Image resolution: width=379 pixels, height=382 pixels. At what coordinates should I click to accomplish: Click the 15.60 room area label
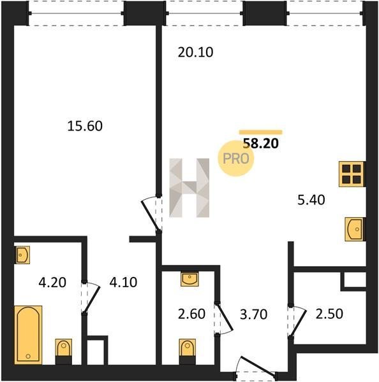pyautogui.click(x=85, y=126)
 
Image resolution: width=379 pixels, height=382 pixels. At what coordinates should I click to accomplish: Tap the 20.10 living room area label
pyautogui.click(x=195, y=52)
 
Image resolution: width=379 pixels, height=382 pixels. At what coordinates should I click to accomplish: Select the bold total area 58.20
pyautogui.click(x=261, y=143)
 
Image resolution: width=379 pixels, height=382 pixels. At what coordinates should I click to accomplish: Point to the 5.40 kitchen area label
pyautogui.click(x=311, y=200)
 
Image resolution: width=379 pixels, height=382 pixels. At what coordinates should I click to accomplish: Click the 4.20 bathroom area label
pyautogui.click(x=52, y=283)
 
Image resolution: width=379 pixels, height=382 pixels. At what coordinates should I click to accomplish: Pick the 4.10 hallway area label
pyautogui.click(x=123, y=282)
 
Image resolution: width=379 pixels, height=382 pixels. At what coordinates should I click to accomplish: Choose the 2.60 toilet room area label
pyautogui.click(x=191, y=314)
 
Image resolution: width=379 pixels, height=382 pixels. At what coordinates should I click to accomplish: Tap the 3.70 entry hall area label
pyautogui.click(x=253, y=315)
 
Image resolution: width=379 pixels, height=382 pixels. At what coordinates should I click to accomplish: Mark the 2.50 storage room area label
pyautogui.click(x=329, y=314)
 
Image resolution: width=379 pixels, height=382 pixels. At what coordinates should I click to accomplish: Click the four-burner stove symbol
pyautogui.click(x=352, y=174)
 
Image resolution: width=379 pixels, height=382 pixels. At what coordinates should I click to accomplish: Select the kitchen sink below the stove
pyautogui.click(x=355, y=229)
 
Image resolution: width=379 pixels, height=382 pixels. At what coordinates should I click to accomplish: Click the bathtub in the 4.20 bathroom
pyautogui.click(x=28, y=335)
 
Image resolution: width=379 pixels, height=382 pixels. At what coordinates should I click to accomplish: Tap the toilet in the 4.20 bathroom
pyautogui.click(x=64, y=351)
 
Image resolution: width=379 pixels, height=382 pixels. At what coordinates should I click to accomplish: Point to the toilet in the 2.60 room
pyautogui.click(x=188, y=351)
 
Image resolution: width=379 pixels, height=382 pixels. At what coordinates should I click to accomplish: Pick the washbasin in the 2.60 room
pyautogui.click(x=189, y=279)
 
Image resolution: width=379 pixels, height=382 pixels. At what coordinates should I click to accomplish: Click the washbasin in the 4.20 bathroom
pyautogui.click(x=22, y=255)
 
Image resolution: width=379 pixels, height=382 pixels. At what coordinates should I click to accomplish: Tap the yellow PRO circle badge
pyautogui.click(x=236, y=159)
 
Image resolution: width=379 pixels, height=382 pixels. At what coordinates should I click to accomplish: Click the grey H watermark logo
pyautogui.click(x=189, y=188)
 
